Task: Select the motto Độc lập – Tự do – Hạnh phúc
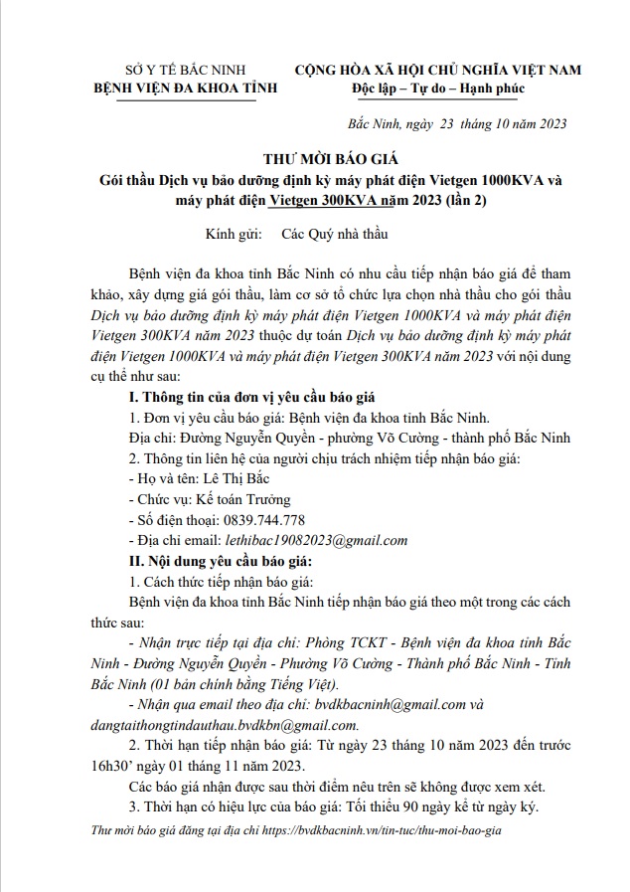(438, 89)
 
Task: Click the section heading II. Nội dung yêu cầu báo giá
(211, 560)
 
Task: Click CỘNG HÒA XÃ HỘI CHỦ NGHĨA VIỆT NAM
(437, 70)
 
